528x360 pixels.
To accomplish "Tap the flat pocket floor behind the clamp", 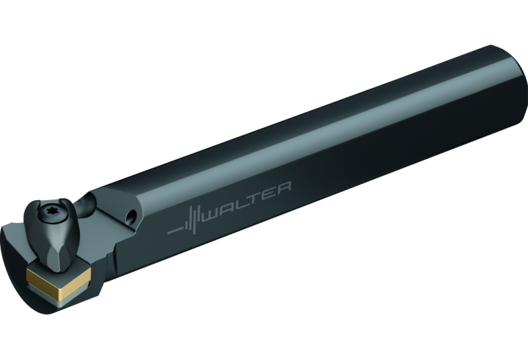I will (x=110, y=234).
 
